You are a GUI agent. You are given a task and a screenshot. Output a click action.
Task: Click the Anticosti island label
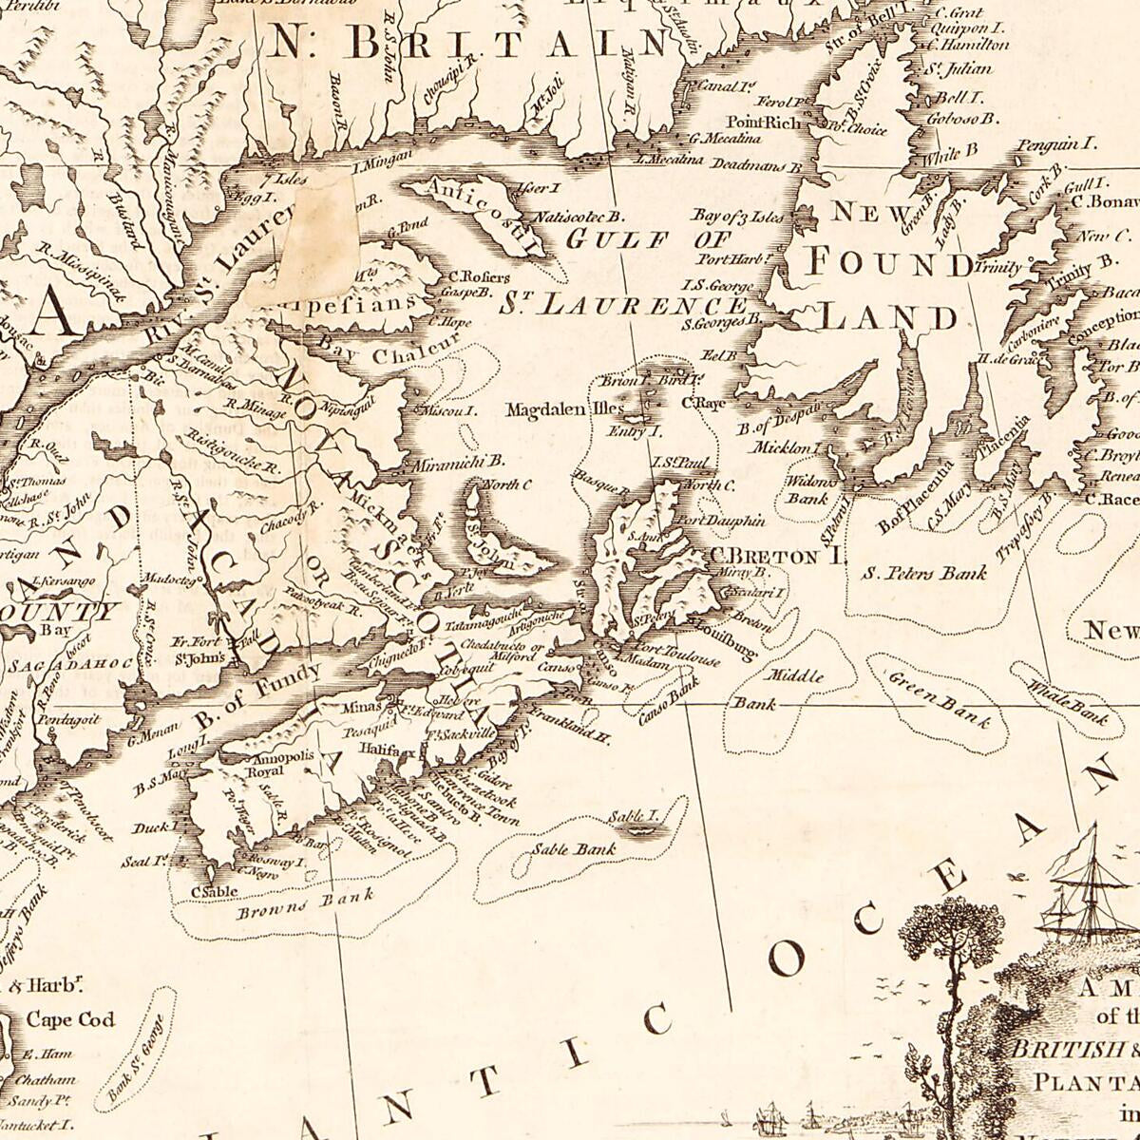click(x=472, y=212)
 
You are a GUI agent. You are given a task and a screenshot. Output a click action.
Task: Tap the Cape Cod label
click(x=70, y=1020)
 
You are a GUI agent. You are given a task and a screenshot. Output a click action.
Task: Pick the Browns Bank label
click(x=305, y=903)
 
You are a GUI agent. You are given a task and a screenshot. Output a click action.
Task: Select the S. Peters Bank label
click(x=923, y=573)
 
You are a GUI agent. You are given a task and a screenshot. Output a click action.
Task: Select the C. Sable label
click(x=213, y=891)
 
